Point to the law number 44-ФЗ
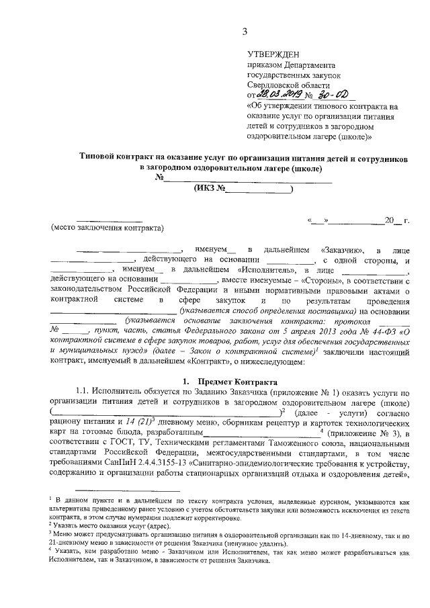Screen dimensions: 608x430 (372, 330)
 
